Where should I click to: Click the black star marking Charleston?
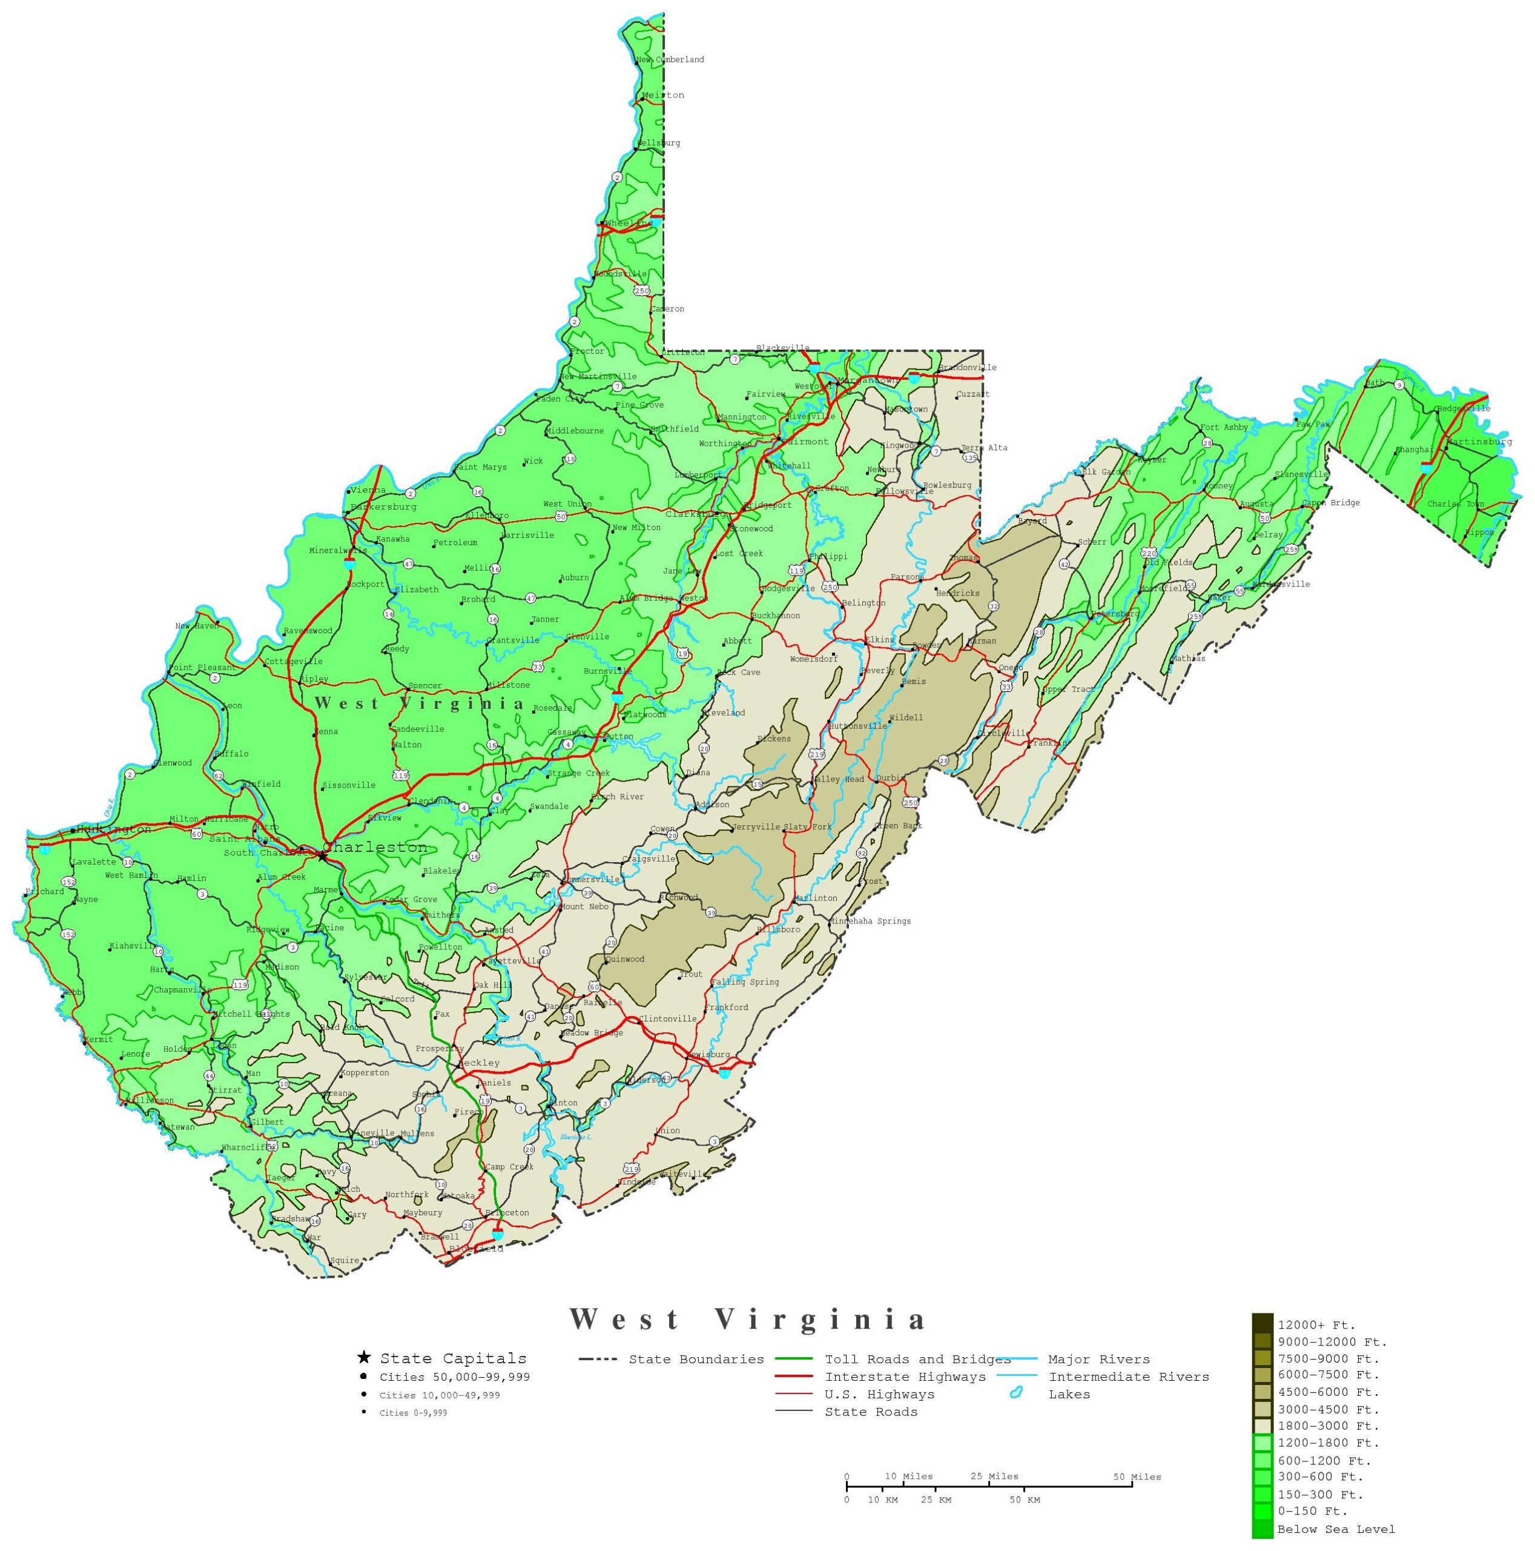322,856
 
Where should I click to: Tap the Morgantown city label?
869,380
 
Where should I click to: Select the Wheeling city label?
629,223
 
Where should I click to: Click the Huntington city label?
113,829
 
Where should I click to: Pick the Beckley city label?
479,1063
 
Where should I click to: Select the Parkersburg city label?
383,506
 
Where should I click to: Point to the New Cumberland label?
670,59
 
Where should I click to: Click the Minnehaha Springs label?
871,921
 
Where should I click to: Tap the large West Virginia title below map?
748,1319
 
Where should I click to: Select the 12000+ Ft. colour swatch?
1261,1324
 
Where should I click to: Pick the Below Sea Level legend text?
1335,1529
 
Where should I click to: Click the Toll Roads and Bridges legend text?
917,1359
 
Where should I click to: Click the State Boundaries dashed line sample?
598,1359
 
